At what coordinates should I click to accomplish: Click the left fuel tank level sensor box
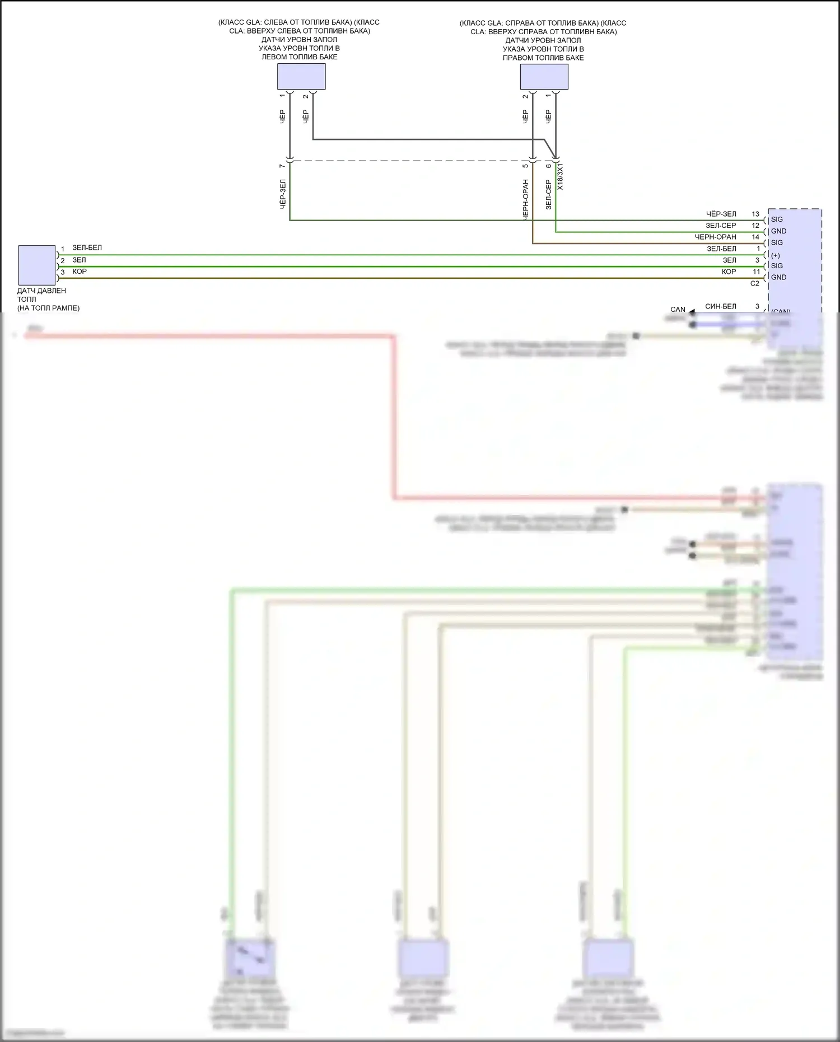pyautogui.click(x=301, y=76)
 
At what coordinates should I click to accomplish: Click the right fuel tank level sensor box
pyautogui.click(x=544, y=77)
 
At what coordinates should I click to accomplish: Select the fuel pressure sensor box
pyautogui.click(x=37, y=265)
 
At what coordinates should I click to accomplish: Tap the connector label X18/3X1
pyautogui.click(x=561, y=176)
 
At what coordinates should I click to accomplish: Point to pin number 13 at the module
pyautogui.click(x=755, y=214)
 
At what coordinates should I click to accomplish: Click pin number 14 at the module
pyautogui.click(x=755, y=237)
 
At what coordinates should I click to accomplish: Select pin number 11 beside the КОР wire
pyautogui.click(x=756, y=272)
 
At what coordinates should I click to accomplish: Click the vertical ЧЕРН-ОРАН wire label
pyautogui.click(x=525, y=199)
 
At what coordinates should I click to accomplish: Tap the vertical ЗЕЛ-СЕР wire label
pyautogui.click(x=548, y=194)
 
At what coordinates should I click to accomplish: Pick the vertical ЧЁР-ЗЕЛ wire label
pyautogui.click(x=283, y=194)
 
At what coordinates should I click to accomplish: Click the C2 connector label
pyautogui.click(x=754, y=283)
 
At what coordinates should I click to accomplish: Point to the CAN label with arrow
pyautogui.click(x=678, y=309)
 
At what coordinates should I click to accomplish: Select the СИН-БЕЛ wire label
pyautogui.click(x=721, y=306)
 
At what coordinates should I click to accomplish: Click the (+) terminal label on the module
pyautogui.click(x=776, y=255)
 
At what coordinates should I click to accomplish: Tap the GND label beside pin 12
pyautogui.click(x=778, y=231)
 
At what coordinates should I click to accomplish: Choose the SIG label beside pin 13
pyautogui.click(x=777, y=219)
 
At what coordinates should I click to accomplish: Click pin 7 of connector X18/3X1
pyautogui.click(x=283, y=166)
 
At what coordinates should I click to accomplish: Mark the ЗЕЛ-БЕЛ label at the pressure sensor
pyautogui.click(x=87, y=247)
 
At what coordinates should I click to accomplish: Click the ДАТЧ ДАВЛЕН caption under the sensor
pyautogui.click(x=41, y=291)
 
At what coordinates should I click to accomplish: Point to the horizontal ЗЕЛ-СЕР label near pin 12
pyautogui.click(x=721, y=226)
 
